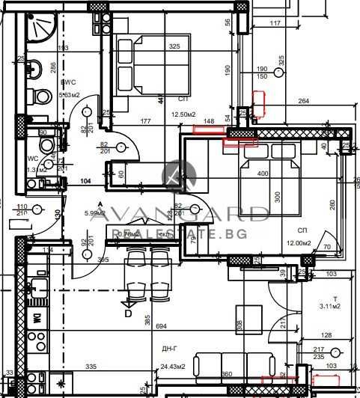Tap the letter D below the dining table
tap(128, 313)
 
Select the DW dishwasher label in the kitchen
tap(35, 316)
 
